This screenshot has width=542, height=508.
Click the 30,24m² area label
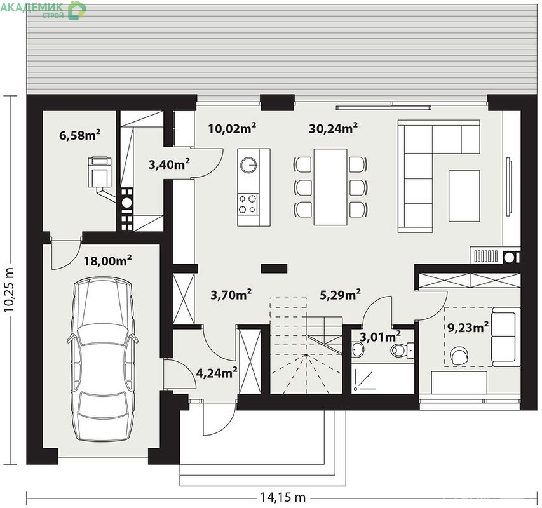pos(333,128)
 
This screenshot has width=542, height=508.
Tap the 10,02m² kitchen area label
pos(232,128)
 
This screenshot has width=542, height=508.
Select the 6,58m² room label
pos(80,135)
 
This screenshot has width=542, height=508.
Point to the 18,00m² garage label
pos(107,261)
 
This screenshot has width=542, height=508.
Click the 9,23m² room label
pos(468,327)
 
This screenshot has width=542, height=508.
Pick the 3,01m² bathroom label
pos(380,336)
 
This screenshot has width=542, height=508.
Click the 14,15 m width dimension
pos(283,497)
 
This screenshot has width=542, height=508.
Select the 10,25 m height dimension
pos(9,290)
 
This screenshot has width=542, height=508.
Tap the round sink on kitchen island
pos(248,164)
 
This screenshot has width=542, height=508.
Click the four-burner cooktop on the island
pos(248,204)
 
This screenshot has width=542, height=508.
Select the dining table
pos(330,187)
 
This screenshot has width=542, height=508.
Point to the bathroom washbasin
pos(358,349)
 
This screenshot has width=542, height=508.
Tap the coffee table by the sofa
pos(464,196)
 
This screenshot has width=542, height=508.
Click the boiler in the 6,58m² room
pos(100,172)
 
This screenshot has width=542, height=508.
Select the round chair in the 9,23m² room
pos(459,356)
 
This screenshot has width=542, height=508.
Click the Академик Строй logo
pos(43,10)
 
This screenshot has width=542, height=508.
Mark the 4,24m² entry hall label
pos(217,373)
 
